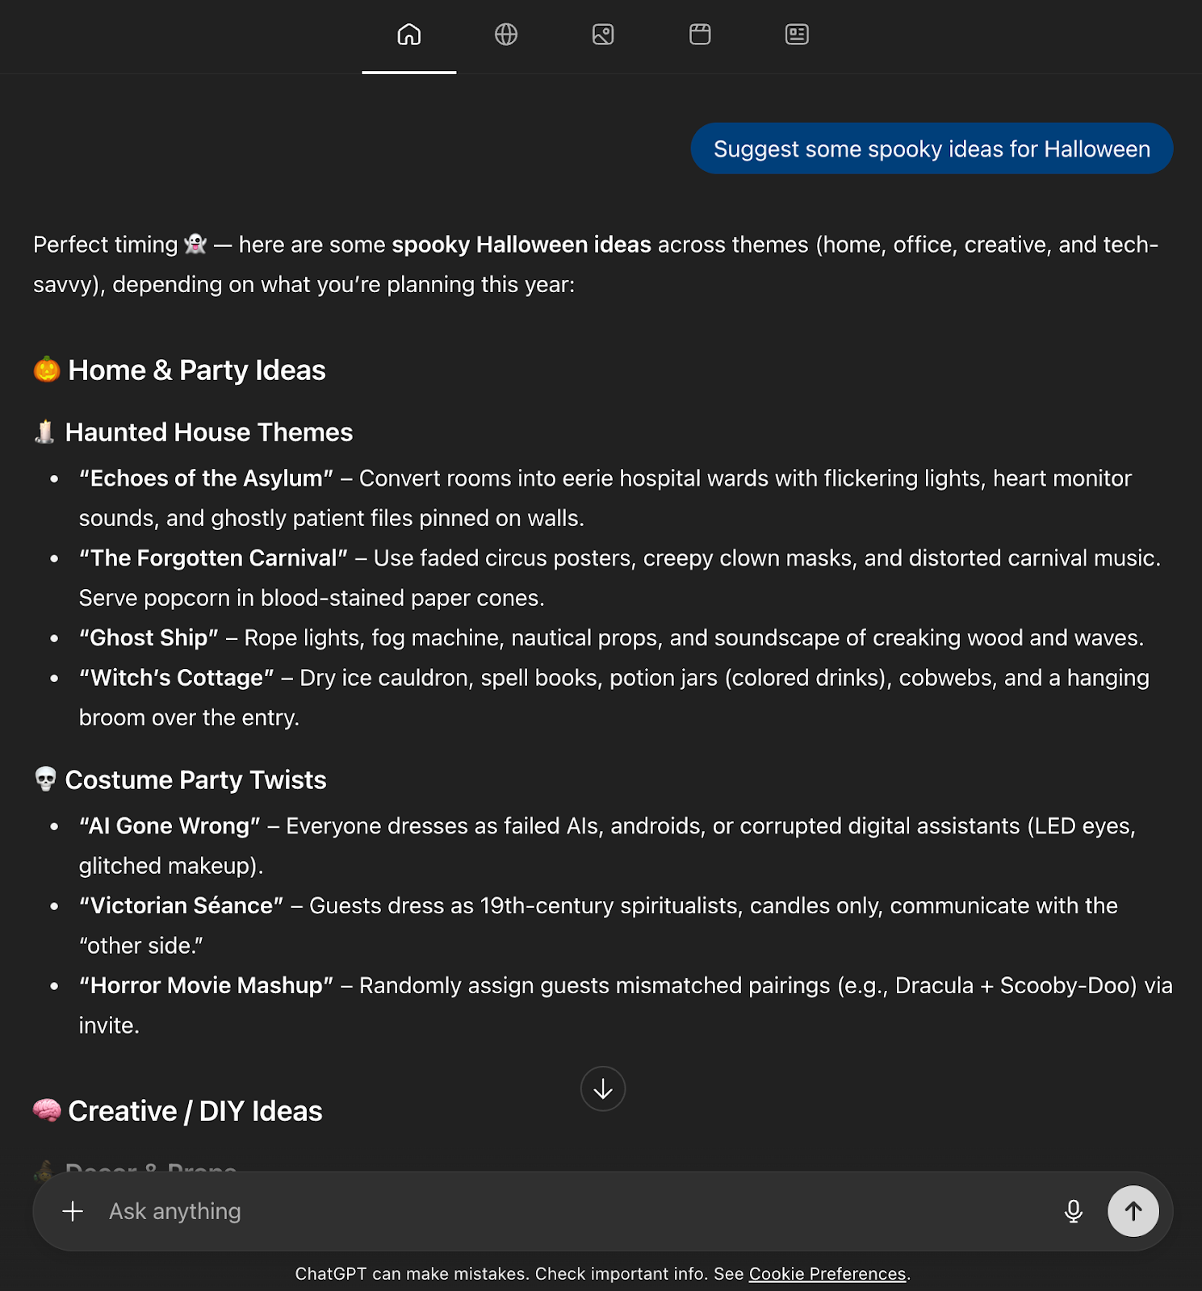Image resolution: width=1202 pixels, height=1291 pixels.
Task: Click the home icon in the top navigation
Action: pyautogui.click(x=409, y=35)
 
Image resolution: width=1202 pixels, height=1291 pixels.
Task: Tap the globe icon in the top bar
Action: pyautogui.click(x=506, y=35)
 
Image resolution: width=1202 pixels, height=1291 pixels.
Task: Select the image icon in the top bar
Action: pyautogui.click(x=603, y=35)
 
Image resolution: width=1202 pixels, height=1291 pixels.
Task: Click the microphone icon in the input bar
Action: pyautogui.click(x=1073, y=1211)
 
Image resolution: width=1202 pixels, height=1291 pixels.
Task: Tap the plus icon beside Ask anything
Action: pyautogui.click(x=73, y=1211)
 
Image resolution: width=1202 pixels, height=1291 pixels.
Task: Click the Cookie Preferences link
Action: pyautogui.click(x=827, y=1274)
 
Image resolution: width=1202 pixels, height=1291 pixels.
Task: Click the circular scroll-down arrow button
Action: pyautogui.click(x=603, y=1089)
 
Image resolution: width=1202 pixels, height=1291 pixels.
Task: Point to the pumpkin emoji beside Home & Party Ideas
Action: pyautogui.click(x=47, y=370)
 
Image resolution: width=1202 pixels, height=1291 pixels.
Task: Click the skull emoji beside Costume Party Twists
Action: pyautogui.click(x=46, y=779)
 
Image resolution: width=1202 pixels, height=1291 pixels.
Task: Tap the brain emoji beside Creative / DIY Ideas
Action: pyautogui.click(x=47, y=1110)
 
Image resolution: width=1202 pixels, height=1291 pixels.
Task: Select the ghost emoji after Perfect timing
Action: pyautogui.click(x=195, y=244)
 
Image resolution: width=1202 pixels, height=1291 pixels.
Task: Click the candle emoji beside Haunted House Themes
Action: pyautogui.click(x=45, y=432)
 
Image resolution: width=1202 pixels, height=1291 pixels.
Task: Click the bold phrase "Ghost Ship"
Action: pyautogui.click(x=149, y=638)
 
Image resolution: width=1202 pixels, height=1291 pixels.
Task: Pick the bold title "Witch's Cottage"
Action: pyautogui.click(x=176, y=678)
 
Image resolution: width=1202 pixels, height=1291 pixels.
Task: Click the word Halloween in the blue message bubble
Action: pyautogui.click(x=1096, y=149)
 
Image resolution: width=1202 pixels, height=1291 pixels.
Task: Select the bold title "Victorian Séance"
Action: pyautogui.click(x=181, y=906)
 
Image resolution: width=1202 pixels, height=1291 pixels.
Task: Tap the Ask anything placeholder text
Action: pyautogui.click(x=175, y=1211)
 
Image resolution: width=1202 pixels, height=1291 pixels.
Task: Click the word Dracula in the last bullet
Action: pyautogui.click(x=934, y=986)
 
